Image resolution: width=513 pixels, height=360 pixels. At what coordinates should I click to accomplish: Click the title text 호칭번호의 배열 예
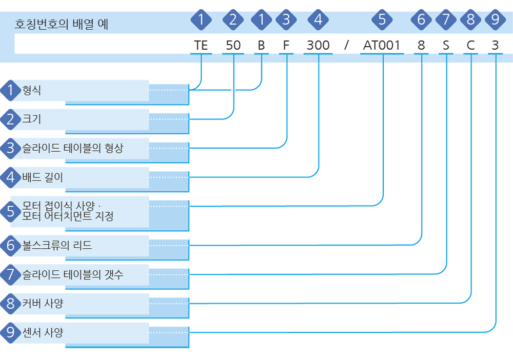pyautogui.click(x=62, y=24)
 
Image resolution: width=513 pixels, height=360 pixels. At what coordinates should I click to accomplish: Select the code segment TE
pyautogui.click(x=201, y=45)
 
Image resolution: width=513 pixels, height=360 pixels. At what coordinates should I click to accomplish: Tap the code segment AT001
pyautogui.click(x=382, y=45)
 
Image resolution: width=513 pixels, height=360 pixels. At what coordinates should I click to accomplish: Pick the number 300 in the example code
pyautogui.click(x=318, y=45)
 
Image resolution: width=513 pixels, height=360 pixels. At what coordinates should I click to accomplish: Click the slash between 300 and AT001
pyautogui.click(x=346, y=45)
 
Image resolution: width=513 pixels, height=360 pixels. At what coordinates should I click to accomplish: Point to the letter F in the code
pyautogui.click(x=286, y=45)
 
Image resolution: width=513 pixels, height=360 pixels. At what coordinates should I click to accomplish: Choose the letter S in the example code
pyautogui.click(x=446, y=45)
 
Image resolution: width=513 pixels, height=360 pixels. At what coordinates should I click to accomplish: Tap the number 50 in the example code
pyautogui.click(x=233, y=45)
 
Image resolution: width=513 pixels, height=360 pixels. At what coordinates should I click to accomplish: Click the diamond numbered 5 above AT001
pyautogui.click(x=382, y=19)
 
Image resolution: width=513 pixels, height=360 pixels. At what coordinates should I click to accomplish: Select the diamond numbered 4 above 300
pyautogui.click(x=318, y=19)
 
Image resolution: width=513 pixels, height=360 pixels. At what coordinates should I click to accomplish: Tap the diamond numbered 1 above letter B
pyautogui.click(x=262, y=19)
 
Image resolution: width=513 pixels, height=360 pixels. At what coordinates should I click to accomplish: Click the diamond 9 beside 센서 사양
pyautogui.click(x=10, y=332)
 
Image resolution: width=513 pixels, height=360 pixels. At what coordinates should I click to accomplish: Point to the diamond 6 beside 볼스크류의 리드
pyautogui.click(x=10, y=245)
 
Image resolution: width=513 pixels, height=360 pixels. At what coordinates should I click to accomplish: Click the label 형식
pyautogui.click(x=32, y=90)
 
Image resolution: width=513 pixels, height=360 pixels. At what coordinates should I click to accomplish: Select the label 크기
pyautogui.click(x=32, y=119)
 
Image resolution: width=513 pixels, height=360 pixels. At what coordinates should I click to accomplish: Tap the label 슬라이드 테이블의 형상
pyautogui.click(x=73, y=148)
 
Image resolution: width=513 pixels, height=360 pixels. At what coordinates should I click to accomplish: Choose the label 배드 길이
pyautogui.click(x=43, y=177)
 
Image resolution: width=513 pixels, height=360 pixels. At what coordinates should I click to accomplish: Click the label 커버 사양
pyautogui.click(x=43, y=304)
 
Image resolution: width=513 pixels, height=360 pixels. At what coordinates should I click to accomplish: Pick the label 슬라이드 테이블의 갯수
pyautogui.click(x=73, y=274)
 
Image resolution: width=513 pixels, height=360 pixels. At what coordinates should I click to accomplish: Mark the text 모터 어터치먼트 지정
pyautogui.click(x=68, y=216)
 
